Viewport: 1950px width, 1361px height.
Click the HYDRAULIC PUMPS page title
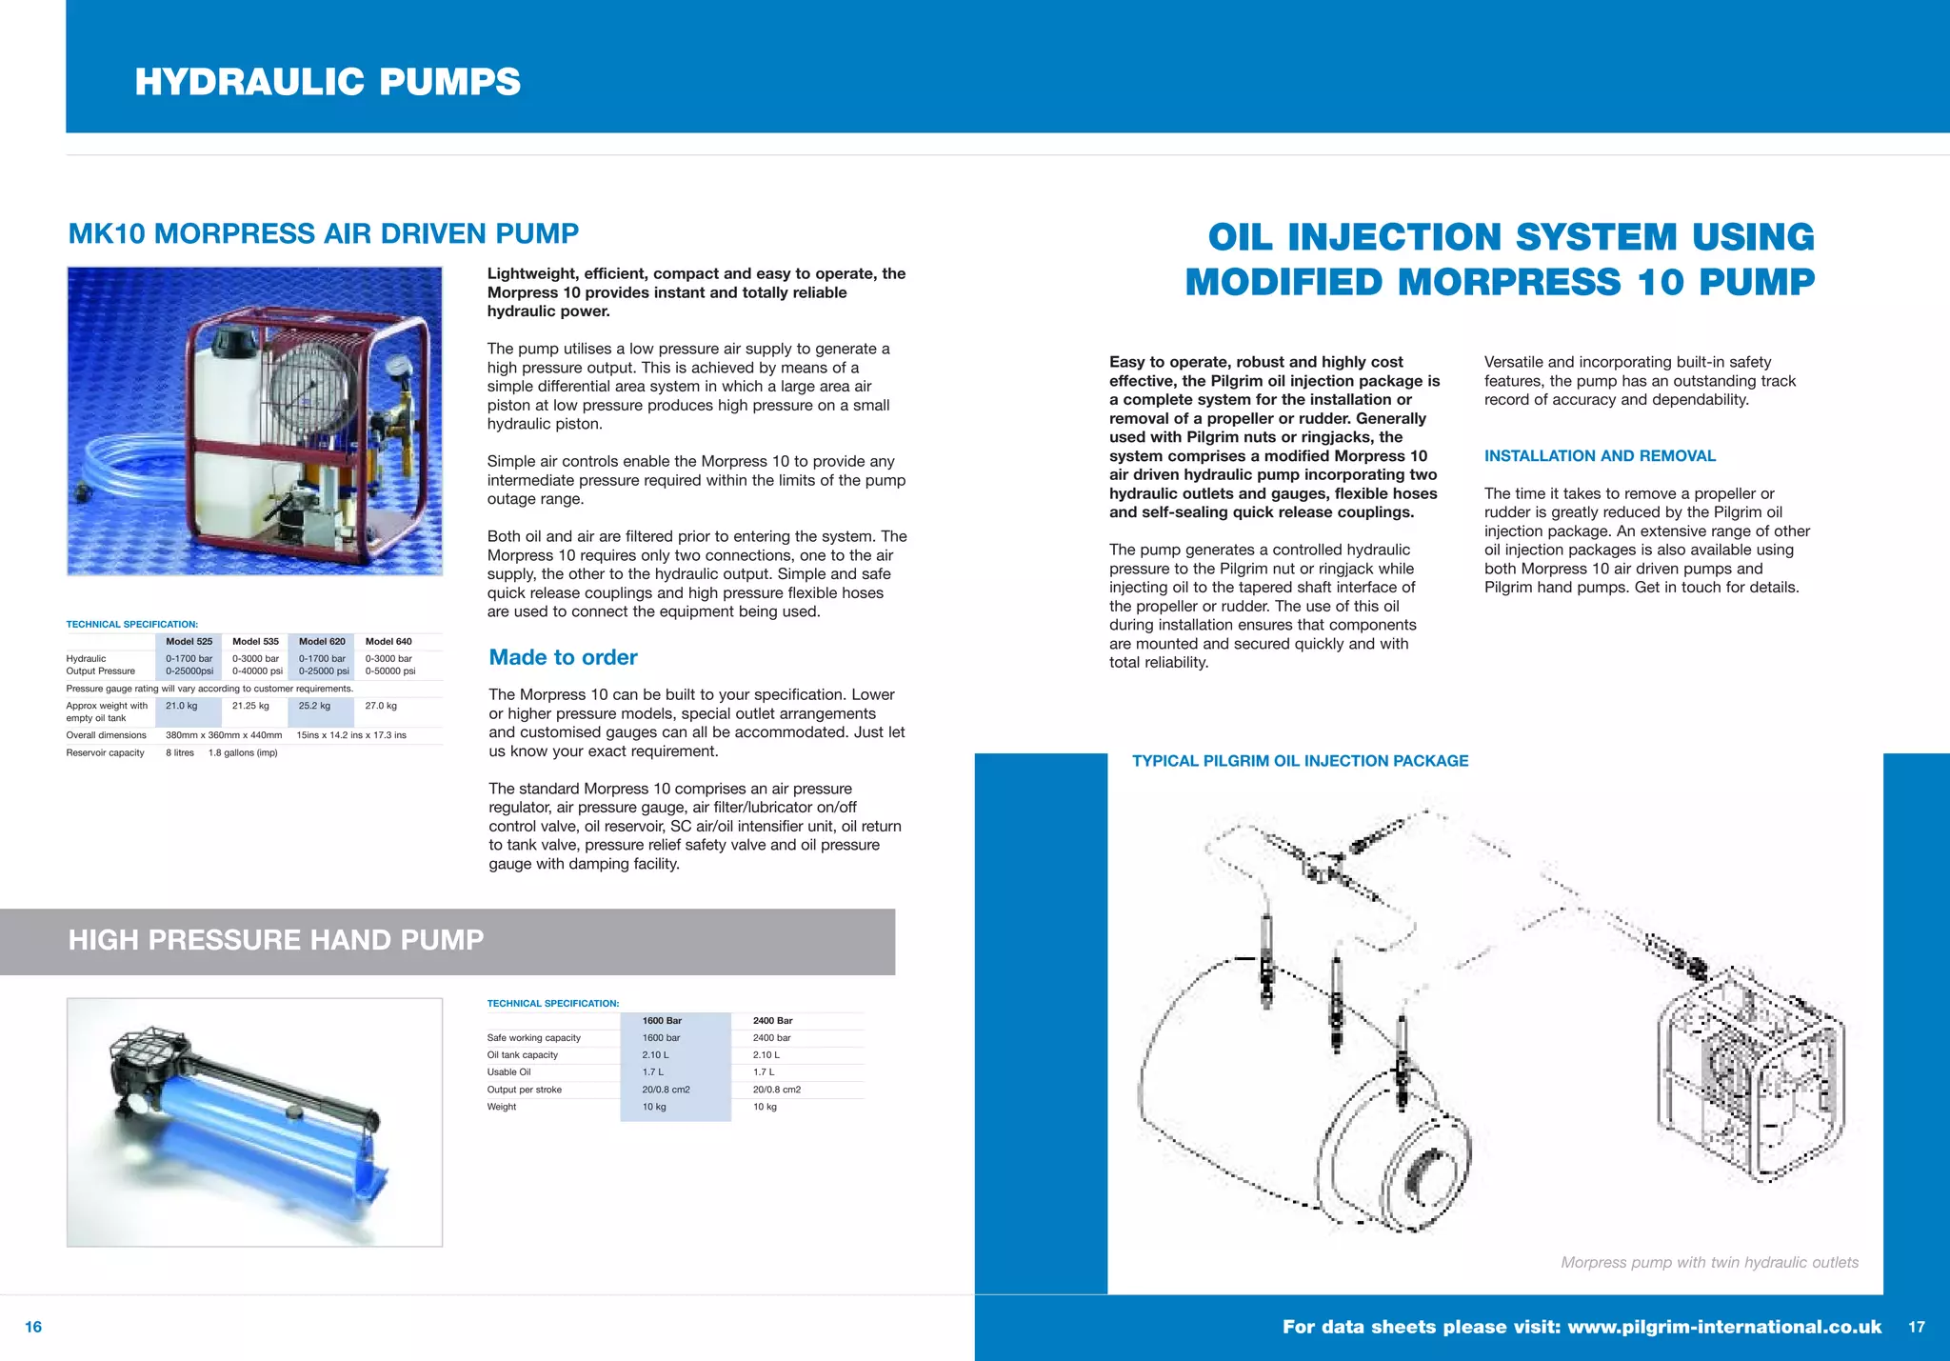pos(328,82)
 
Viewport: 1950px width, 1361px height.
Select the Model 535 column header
pos(255,642)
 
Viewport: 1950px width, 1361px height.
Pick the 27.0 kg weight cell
pos(381,706)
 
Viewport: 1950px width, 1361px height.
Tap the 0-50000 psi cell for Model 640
pos(390,671)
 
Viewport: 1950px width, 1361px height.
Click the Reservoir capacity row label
pos(106,753)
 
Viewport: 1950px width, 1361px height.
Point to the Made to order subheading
pos(563,657)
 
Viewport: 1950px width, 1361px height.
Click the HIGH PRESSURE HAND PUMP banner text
pos(276,940)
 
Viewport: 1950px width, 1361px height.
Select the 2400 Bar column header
pos(772,1021)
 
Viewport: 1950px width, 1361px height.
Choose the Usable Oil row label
pos(508,1072)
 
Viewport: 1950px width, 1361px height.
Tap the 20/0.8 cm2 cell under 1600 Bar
pos(666,1090)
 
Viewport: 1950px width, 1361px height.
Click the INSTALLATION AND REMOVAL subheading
pos(1600,456)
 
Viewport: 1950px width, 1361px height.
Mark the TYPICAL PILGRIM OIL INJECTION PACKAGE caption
pos(1300,761)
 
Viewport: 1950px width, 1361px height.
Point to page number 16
pos(33,1327)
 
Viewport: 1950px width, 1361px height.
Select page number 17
pos(1917,1327)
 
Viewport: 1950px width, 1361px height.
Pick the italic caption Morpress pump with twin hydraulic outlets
pos(1709,1263)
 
